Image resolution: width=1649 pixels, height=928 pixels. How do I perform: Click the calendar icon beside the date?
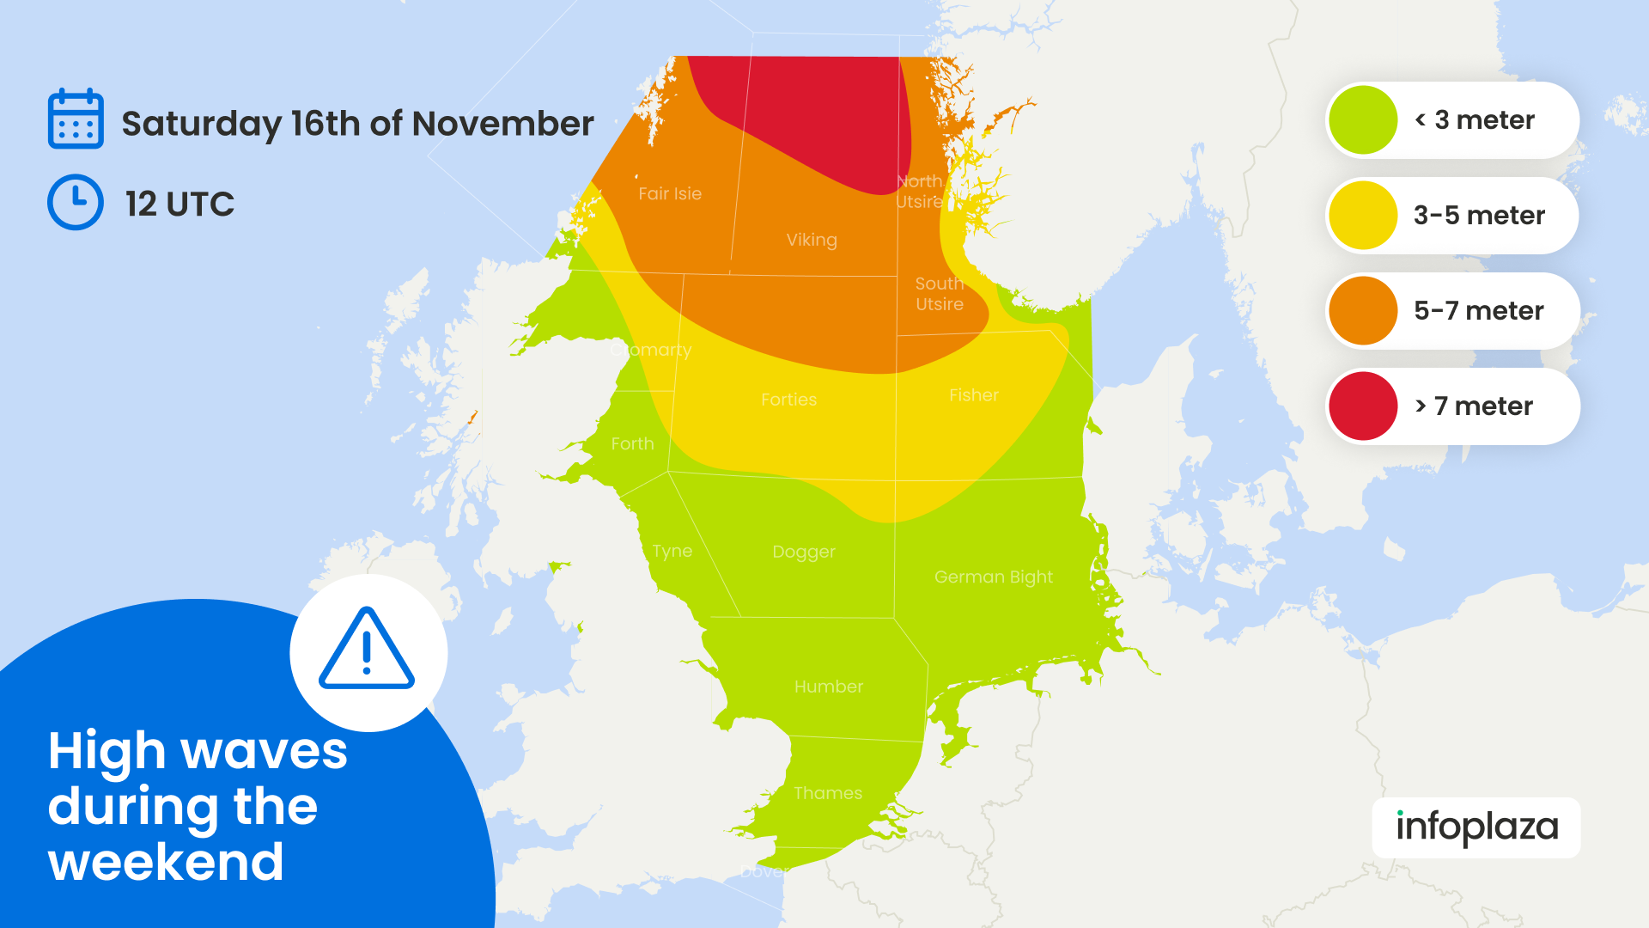click(x=76, y=119)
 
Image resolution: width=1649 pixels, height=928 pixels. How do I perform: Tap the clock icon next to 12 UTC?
click(x=76, y=203)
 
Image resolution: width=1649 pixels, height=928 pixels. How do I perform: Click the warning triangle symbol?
click(x=367, y=651)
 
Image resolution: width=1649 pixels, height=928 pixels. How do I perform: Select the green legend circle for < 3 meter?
click(x=1363, y=120)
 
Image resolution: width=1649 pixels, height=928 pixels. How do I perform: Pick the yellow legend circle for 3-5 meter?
click(x=1363, y=216)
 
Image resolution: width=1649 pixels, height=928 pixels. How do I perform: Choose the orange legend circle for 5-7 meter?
click(x=1363, y=311)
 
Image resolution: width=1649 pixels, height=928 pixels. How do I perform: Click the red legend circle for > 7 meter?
click(x=1363, y=406)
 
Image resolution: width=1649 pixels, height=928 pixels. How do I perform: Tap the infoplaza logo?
click(x=1476, y=827)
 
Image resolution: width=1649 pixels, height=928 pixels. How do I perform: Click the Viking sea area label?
click(x=812, y=240)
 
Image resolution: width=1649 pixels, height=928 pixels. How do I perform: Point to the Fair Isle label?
click(x=670, y=193)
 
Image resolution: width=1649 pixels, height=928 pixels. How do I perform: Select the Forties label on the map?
click(x=788, y=400)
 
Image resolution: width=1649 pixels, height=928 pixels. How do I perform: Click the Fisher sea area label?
click(x=974, y=395)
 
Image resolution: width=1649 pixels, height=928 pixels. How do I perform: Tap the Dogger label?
click(x=804, y=552)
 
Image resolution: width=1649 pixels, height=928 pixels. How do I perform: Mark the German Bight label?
click(x=994, y=577)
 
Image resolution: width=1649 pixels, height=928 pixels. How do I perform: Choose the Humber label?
click(x=829, y=687)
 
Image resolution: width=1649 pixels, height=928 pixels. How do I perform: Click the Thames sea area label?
click(x=828, y=793)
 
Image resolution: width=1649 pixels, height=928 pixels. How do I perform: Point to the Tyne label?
click(x=672, y=551)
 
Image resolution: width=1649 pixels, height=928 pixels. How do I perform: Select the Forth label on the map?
click(x=633, y=443)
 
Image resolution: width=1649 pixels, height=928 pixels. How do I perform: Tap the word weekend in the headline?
click(x=166, y=862)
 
